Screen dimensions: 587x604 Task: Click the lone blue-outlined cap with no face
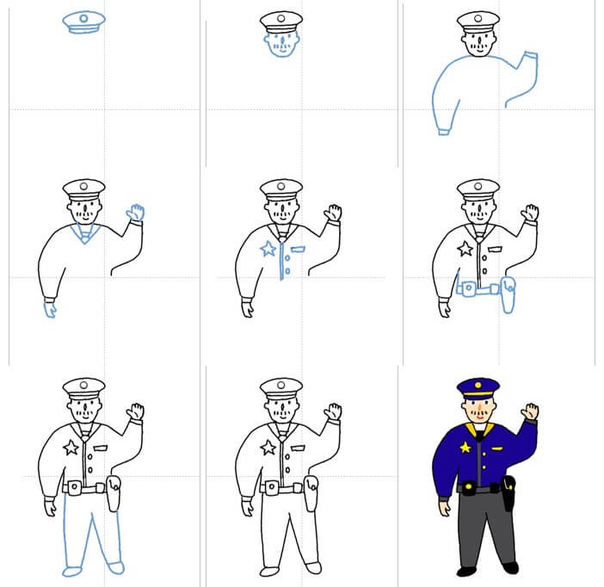83,23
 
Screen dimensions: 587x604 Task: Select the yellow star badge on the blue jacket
465,447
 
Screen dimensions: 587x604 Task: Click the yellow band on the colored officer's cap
478,395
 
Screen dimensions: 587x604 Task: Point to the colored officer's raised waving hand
531,411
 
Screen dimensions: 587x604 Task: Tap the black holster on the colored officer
508,492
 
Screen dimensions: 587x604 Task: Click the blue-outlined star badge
268,250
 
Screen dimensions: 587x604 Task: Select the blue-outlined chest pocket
297,250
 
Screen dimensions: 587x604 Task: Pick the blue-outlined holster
508,295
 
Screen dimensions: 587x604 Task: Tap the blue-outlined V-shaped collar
84,233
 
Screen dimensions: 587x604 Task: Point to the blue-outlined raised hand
136,213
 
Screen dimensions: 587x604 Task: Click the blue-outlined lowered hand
50,308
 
